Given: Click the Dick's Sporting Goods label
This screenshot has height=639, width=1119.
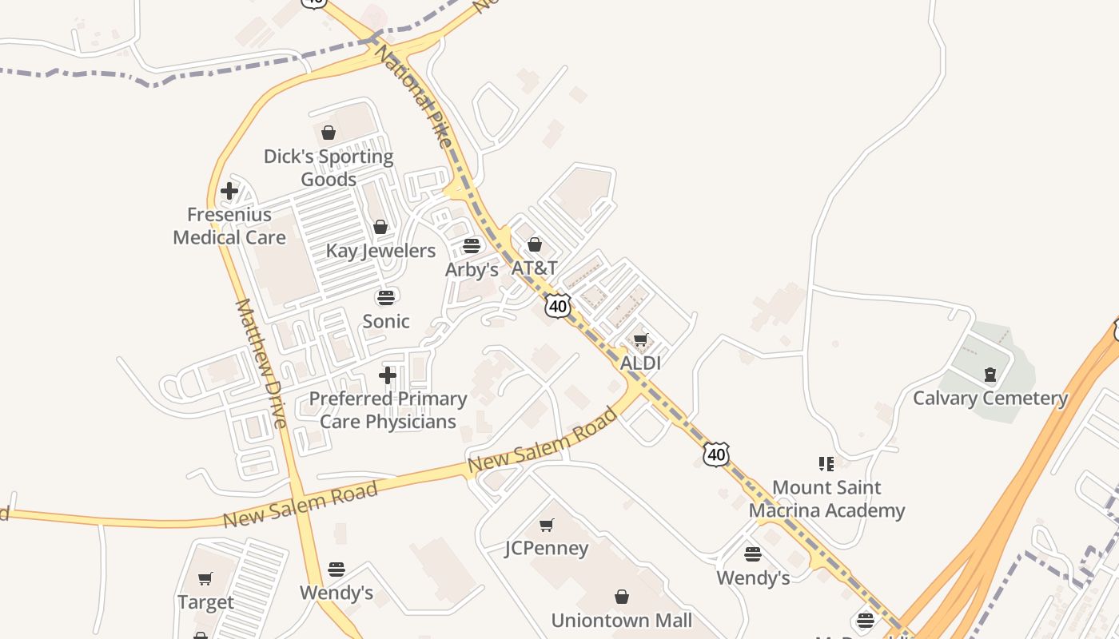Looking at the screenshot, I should click(x=329, y=168).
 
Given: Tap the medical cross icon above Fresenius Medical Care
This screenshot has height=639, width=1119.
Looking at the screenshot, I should click(x=229, y=192).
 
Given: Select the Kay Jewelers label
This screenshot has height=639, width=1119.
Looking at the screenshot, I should click(x=380, y=251).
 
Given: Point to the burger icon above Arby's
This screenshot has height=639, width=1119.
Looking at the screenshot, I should click(x=472, y=246).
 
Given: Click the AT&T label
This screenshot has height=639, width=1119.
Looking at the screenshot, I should click(x=534, y=268).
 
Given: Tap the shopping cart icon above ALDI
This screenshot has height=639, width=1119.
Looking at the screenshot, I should click(x=640, y=340).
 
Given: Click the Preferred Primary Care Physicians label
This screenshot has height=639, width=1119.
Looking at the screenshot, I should click(x=388, y=410).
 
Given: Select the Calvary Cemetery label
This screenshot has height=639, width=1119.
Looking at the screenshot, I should click(x=990, y=398).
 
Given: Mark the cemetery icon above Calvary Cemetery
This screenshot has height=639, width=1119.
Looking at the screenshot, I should click(x=990, y=374).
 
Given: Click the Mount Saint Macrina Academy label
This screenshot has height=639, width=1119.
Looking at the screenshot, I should click(x=826, y=498).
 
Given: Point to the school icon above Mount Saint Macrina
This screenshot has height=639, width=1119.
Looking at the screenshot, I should click(x=826, y=464).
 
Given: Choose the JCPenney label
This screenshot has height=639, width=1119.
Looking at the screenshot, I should click(x=547, y=549).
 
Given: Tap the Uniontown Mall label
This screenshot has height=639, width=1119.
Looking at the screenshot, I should click(x=621, y=620).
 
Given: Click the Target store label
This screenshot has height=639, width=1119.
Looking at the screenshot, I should click(x=205, y=602).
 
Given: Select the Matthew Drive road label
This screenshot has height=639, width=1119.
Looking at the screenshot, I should click(x=261, y=363).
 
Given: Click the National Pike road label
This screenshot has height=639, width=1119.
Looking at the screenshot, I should click(x=414, y=96).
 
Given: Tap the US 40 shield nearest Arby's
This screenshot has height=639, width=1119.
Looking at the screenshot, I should click(x=559, y=306).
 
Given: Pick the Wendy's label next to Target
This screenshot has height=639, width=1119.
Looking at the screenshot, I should click(x=336, y=593).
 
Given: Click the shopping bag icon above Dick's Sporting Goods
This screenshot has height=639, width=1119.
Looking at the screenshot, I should click(x=329, y=133).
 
